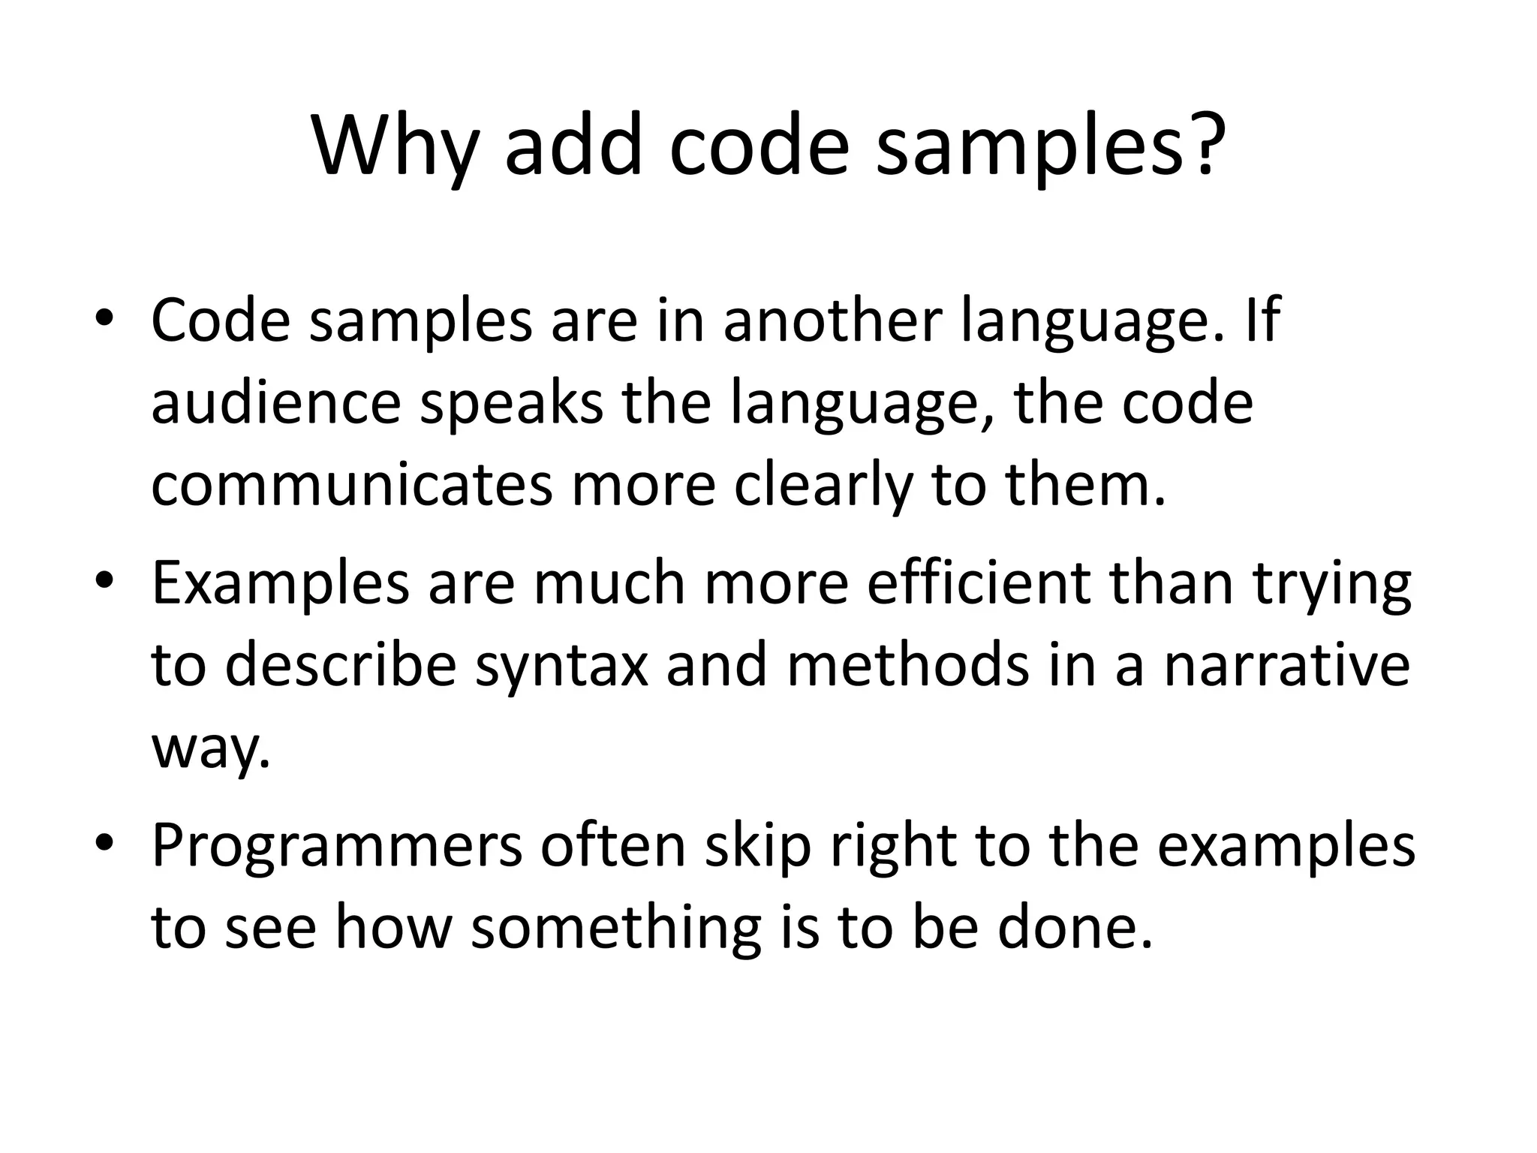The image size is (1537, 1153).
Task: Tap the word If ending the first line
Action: coord(1262,321)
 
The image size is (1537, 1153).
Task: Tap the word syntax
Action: coord(561,667)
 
